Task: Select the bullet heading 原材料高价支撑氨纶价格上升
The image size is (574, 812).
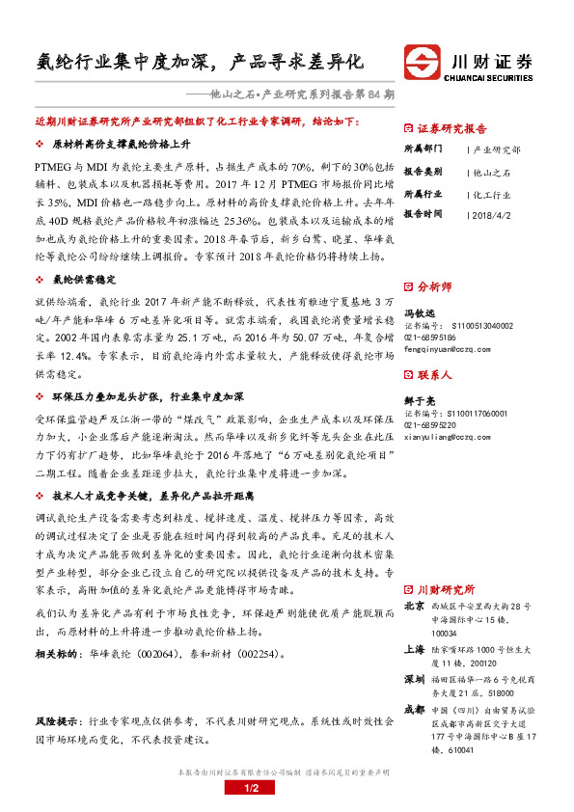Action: (119, 144)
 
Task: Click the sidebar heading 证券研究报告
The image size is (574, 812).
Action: (452, 127)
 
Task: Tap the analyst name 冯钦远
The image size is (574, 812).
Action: (418, 311)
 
